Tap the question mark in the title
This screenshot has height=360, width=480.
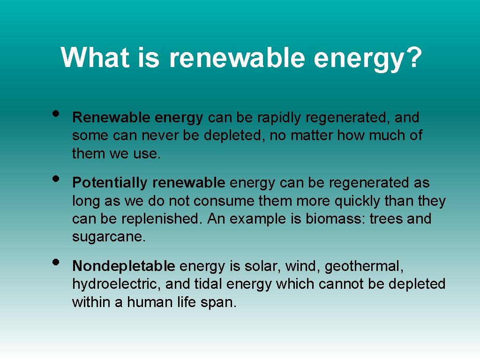pos(412,58)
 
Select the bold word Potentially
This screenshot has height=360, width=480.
pos(110,182)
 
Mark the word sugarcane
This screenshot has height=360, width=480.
pos(108,237)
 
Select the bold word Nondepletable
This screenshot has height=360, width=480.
pos(123,266)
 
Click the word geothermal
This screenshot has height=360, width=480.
pos(364,266)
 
